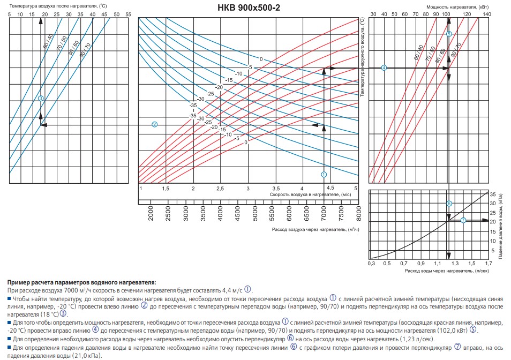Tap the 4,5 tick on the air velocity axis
pos(330,188)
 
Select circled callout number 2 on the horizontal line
pos(154,124)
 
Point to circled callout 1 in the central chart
pos(324,174)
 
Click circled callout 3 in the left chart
pos(41,98)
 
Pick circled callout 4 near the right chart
pos(384,67)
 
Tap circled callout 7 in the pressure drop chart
pos(463,220)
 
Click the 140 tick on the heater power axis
pos(486,14)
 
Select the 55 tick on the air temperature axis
pos(128,14)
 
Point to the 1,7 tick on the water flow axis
pos(488,264)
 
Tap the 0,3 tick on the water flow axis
pos(370,264)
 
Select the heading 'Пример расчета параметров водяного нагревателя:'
pos(82,282)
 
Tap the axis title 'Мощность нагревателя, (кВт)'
pos(450,6)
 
